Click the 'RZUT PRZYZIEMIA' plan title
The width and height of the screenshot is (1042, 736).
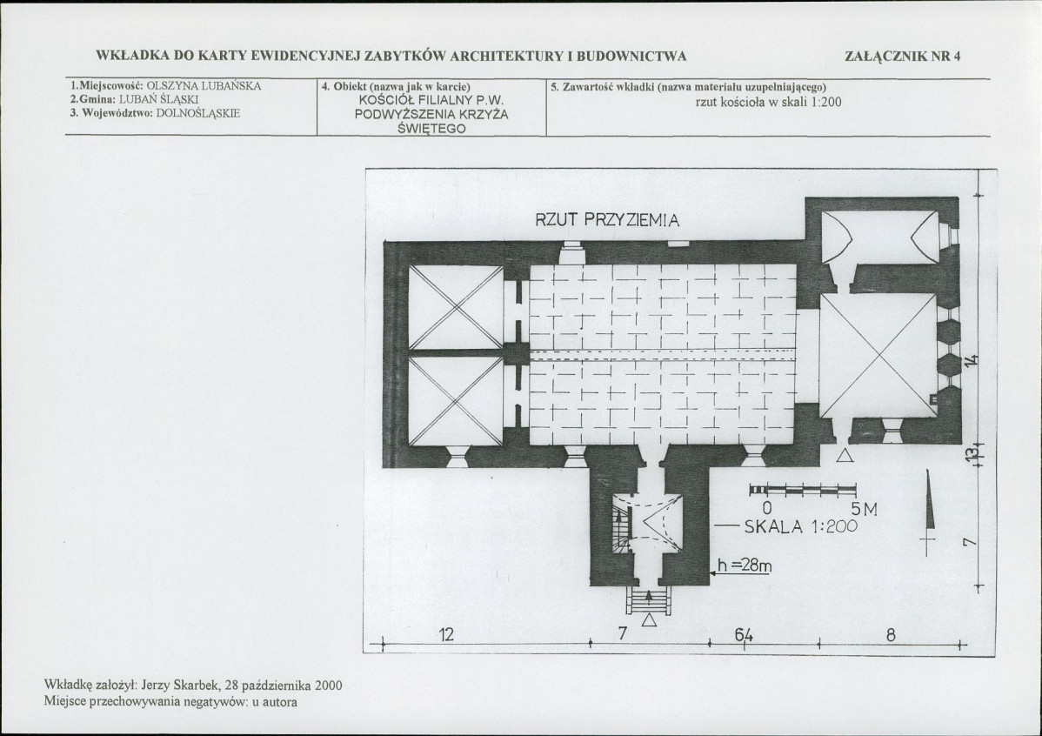pos(607,220)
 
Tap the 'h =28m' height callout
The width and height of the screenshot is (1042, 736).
pos(745,565)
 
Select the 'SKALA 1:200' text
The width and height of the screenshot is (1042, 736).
pos(801,527)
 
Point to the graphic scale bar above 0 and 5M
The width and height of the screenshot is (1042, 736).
pos(803,491)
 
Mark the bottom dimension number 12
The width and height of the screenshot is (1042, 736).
pos(446,634)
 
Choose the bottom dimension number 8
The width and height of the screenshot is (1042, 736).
pos(891,635)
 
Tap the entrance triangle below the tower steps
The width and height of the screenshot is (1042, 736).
pos(649,619)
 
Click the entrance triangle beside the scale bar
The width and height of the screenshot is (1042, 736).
pos(845,455)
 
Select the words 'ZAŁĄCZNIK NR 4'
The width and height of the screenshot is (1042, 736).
pos(903,56)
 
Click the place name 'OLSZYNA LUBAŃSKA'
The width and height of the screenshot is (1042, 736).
pos(204,86)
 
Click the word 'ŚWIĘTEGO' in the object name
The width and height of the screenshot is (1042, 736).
pos(431,128)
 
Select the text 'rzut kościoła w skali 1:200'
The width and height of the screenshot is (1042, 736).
pos(768,103)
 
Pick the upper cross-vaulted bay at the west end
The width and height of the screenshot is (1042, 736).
pos(456,307)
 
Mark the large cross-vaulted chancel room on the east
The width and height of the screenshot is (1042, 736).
pos(878,356)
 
